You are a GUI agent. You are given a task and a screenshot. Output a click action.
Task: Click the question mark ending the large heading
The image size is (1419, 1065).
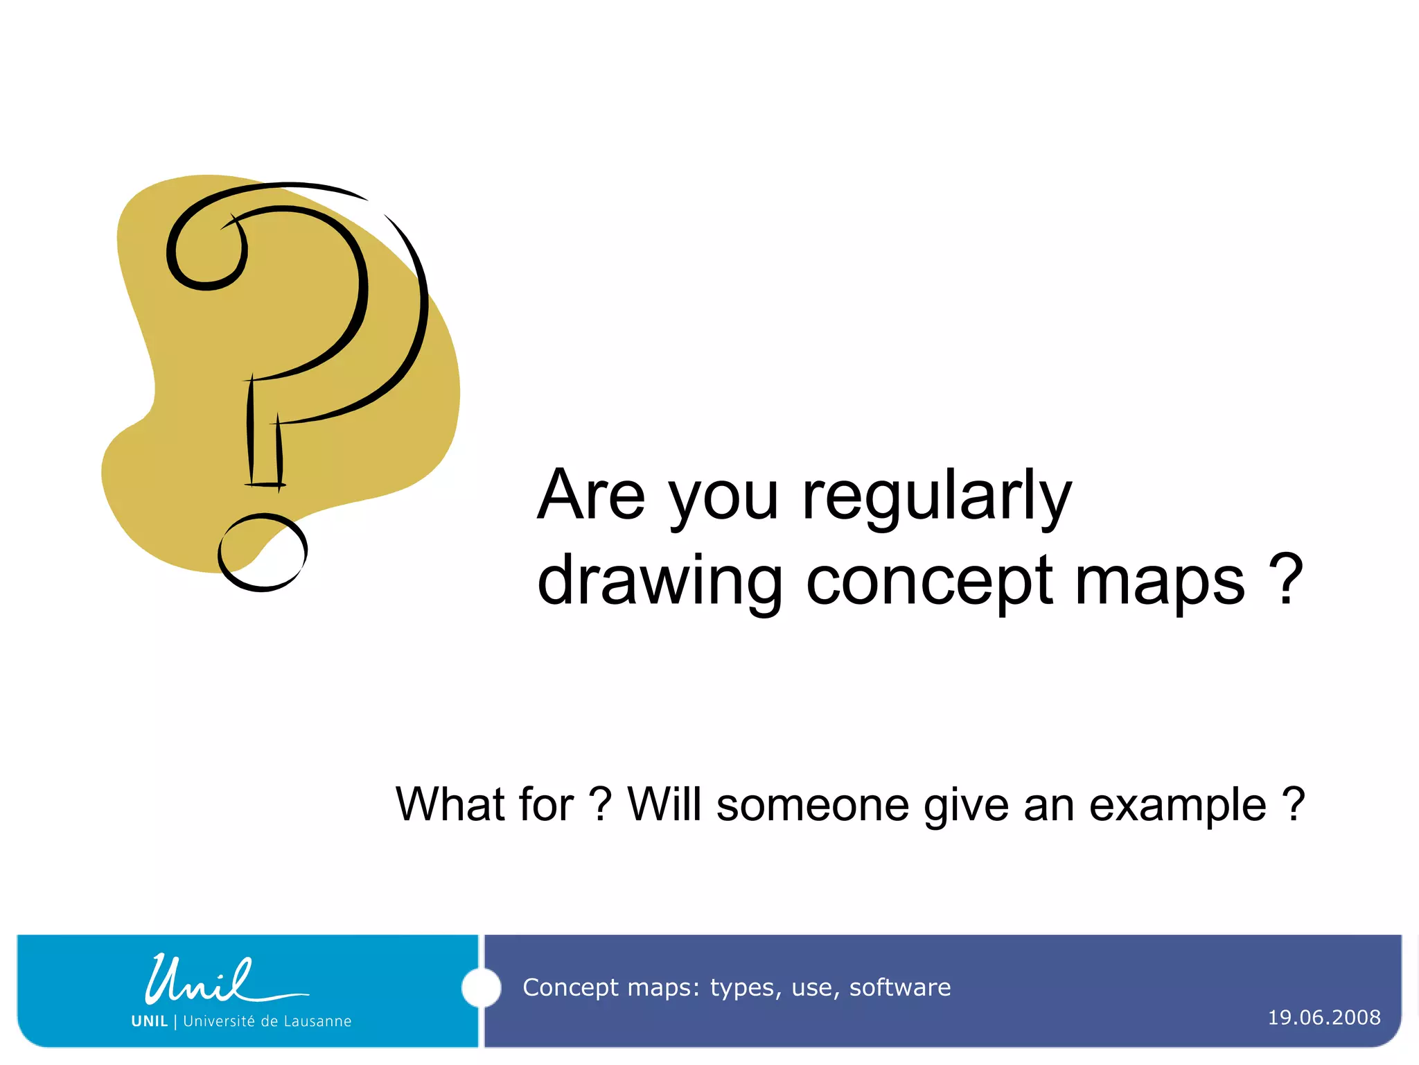1286,580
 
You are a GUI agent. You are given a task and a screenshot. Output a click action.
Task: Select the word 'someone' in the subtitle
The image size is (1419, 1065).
812,806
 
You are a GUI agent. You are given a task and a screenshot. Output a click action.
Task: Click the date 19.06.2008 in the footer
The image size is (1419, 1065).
1323,1017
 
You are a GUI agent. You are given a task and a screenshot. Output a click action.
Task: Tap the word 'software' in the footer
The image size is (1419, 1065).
899,987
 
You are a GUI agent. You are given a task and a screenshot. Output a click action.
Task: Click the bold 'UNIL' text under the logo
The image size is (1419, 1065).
150,1021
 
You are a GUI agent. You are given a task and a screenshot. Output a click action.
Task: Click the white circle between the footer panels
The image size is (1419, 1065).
481,988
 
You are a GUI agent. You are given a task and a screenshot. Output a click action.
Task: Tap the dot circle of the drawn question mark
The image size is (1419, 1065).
263,552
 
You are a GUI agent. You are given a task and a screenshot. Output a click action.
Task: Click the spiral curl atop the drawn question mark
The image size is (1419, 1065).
206,250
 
